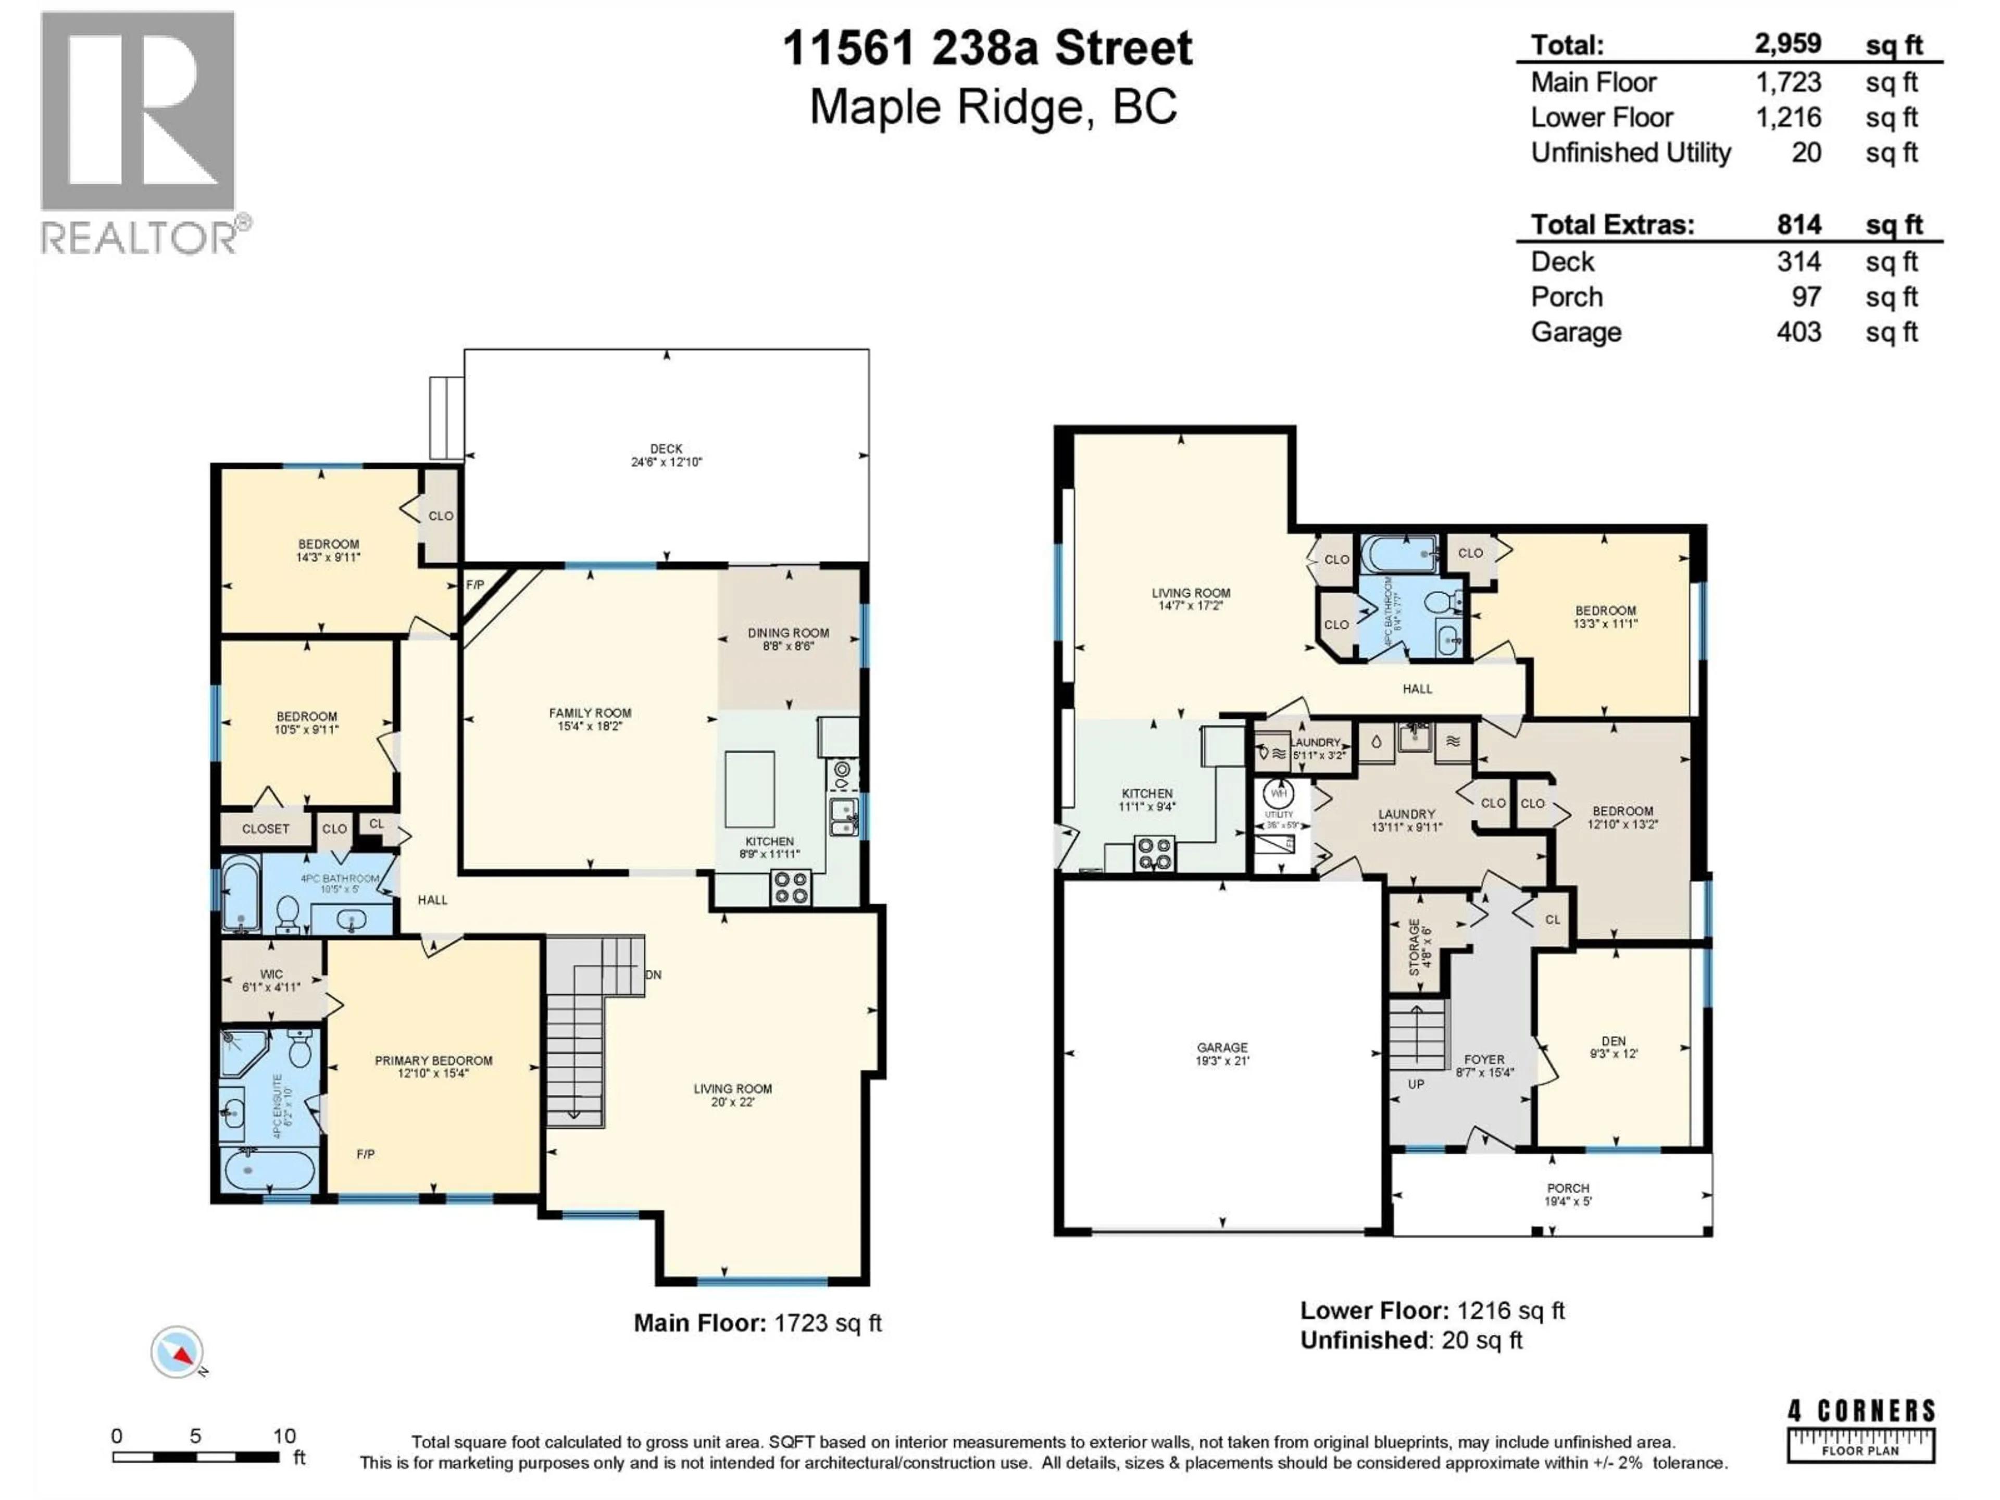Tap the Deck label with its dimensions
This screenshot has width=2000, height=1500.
click(666, 455)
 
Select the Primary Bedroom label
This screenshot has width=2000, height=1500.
click(433, 1067)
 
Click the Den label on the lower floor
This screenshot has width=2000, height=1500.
click(1613, 1047)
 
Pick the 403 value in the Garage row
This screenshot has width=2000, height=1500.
click(1798, 332)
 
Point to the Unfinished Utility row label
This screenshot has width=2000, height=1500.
click(1630, 153)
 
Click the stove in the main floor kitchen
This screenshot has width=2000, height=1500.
click(790, 887)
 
